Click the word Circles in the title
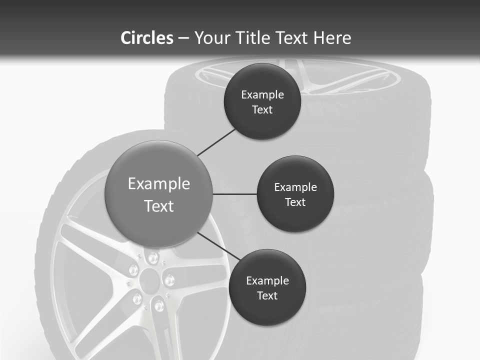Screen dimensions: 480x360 point(147,38)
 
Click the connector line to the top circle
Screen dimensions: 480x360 point(216,141)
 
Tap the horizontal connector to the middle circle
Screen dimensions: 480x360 point(235,194)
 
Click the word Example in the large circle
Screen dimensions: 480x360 point(159,184)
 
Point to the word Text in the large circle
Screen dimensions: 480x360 point(159,206)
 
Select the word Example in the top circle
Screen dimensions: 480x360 point(262,95)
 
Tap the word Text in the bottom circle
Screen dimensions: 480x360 point(267,295)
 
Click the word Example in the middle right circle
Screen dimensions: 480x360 point(295,187)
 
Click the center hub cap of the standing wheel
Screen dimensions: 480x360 point(148,278)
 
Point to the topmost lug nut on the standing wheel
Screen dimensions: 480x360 point(152,258)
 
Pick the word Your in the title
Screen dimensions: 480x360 point(210,38)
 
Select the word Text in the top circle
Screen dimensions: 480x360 point(262,110)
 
